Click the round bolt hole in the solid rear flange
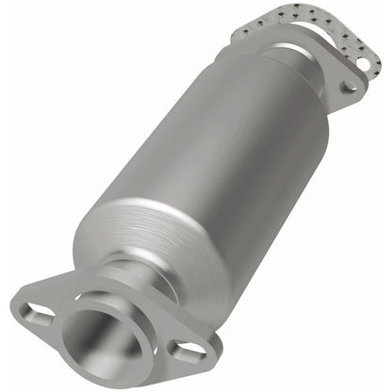(x=349, y=86)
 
